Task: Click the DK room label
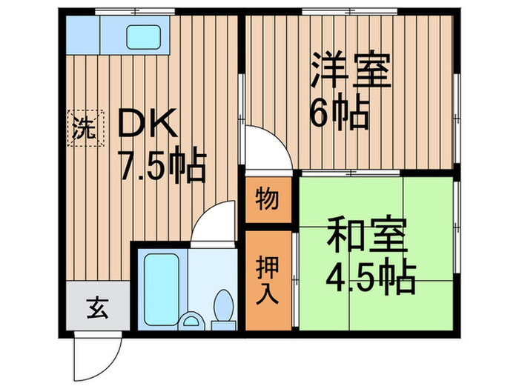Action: click(x=148, y=124)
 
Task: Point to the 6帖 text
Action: click(x=339, y=114)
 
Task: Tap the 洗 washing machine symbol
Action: click(x=83, y=129)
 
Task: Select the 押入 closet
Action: click(x=268, y=280)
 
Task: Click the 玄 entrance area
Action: click(x=99, y=305)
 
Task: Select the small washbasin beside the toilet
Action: click(x=192, y=322)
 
